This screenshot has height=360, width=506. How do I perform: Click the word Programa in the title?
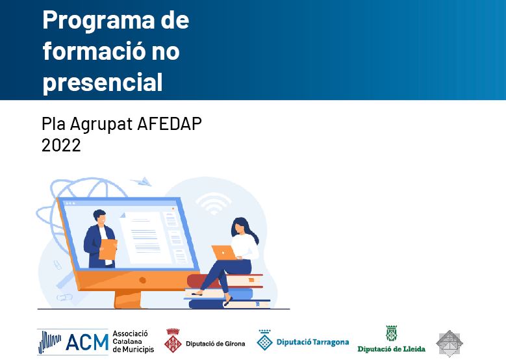pos(99,21)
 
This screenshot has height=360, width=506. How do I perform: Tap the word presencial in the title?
pos(103,83)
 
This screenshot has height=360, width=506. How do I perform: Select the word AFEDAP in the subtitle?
pos(170,123)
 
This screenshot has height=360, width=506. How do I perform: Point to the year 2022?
pos(61,145)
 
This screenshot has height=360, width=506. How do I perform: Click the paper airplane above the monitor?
pos(142,182)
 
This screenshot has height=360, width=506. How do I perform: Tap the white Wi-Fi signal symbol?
pos(213,203)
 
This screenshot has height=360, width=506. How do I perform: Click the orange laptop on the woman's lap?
pos(224,253)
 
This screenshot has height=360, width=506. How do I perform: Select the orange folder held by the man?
pos(107,250)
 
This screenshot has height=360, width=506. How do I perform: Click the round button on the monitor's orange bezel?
pos(142,280)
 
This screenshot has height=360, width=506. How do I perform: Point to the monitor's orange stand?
pos(128,300)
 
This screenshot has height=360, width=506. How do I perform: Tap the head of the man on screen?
pos(99,217)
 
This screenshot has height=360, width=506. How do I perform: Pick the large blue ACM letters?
pos(87,342)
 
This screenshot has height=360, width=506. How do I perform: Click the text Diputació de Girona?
pos(215,344)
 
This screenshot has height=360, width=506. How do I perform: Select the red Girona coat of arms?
pos(173,341)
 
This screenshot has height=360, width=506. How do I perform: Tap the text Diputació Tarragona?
pos(312,342)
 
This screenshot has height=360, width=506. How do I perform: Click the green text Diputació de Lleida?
pos(391,349)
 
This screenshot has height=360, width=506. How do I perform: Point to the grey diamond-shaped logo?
pos(449,343)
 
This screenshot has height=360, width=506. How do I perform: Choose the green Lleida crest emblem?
pos(392,333)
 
